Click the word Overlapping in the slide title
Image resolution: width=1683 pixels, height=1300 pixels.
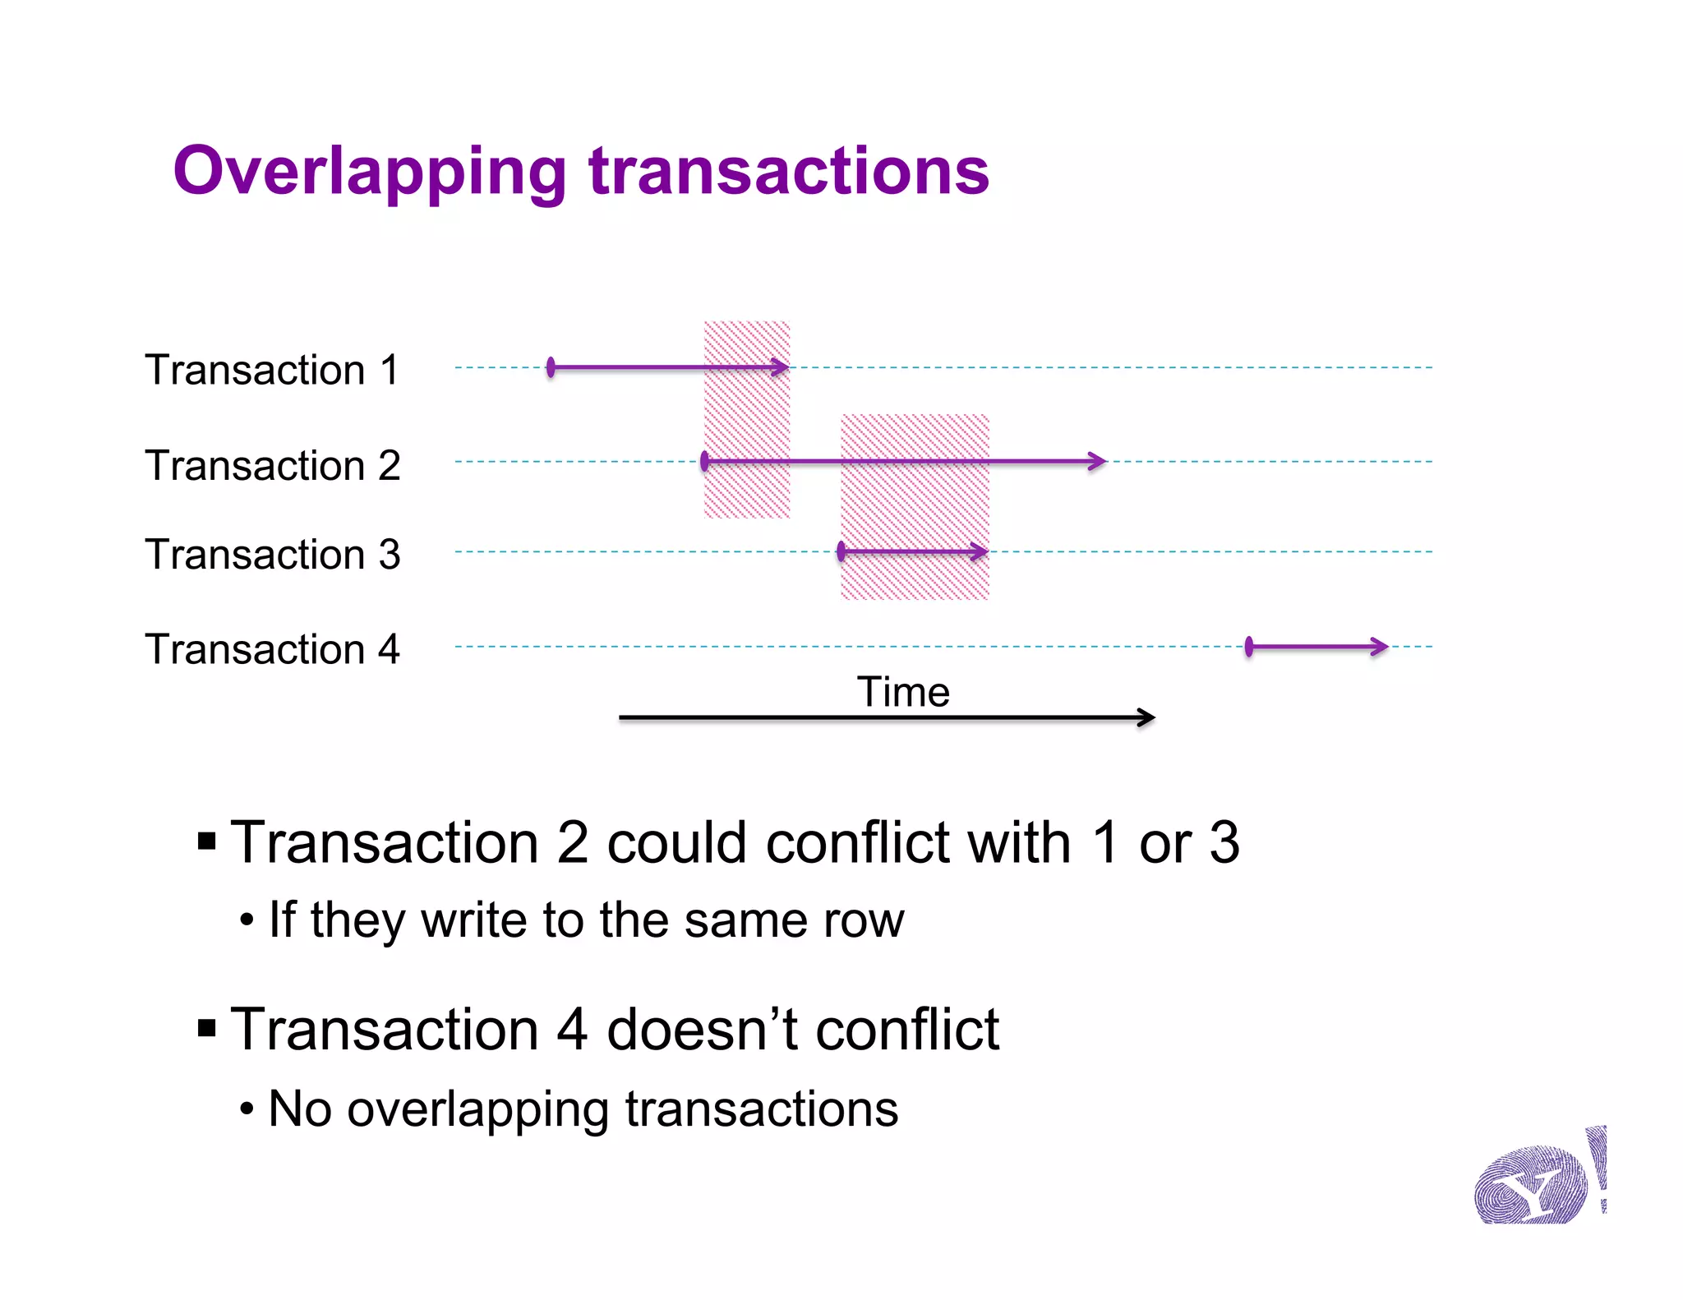point(369,171)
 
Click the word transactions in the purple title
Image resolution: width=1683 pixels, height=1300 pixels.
point(789,171)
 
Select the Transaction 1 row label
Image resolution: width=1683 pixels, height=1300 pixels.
point(272,369)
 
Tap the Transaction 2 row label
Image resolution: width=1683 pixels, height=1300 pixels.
point(272,465)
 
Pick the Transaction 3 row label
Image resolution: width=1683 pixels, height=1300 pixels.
point(272,554)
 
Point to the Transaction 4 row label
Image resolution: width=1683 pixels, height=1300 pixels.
point(272,649)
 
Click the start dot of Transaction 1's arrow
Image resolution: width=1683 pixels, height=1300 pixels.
point(551,367)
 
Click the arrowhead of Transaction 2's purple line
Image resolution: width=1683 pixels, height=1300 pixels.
point(1098,461)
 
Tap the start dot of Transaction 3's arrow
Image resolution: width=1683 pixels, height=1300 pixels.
point(841,551)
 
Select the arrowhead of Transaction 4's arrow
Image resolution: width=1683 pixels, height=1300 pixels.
point(1380,647)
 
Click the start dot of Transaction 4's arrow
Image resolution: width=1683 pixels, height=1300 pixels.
point(1249,647)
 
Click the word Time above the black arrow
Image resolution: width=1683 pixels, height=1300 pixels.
point(903,692)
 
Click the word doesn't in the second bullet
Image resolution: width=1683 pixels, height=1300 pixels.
point(702,1030)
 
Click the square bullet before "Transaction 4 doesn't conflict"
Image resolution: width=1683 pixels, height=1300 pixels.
point(207,1028)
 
